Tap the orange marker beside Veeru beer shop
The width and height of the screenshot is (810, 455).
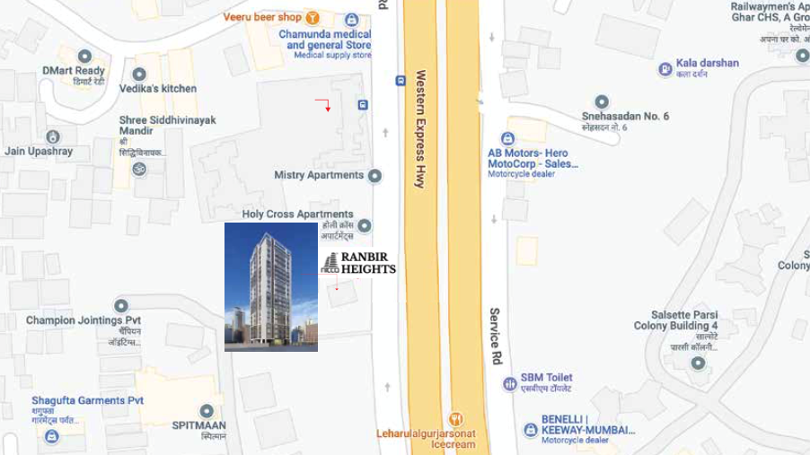pos(313,17)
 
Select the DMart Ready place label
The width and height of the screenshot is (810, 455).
pos(74,71)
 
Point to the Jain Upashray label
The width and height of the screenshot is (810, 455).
pos(39,152)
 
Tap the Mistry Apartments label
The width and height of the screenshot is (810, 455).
pos(319,175)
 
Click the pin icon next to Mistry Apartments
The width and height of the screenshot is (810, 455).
pos(374,176)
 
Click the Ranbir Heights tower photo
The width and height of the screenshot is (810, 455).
pos(270,286)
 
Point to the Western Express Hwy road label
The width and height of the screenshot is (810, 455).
pos(420,128)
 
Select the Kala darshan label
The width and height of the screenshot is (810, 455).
pos(709,64)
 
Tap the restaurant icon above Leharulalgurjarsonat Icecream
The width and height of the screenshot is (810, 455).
pos(456,419)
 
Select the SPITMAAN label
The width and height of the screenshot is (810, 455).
pos(198,424)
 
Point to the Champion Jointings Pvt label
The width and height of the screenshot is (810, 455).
pos(84,320)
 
